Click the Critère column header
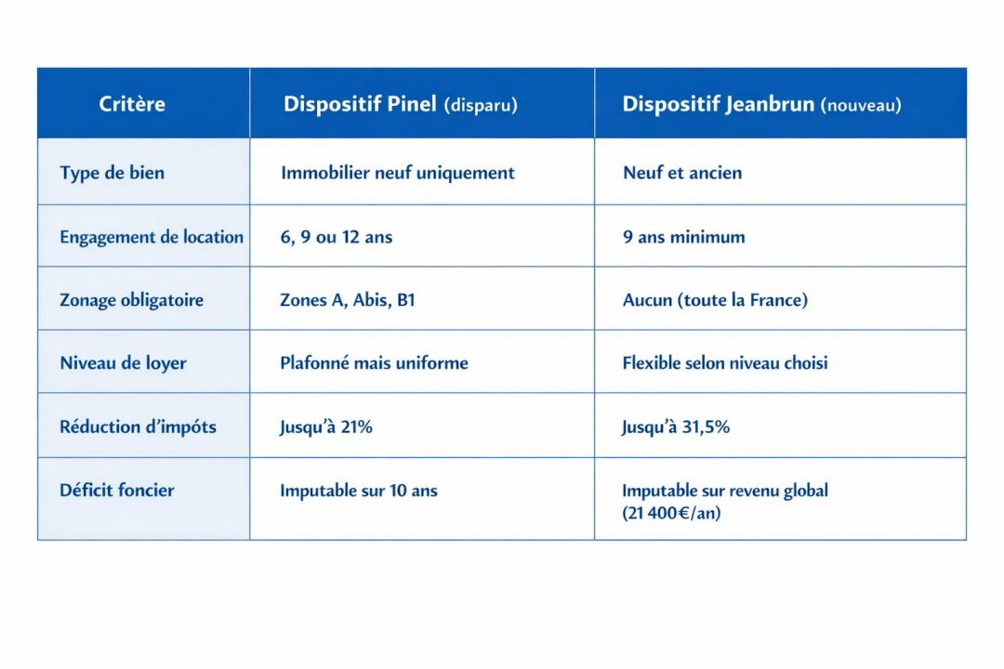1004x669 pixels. point(132,103)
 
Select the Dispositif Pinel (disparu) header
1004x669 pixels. point(400,104)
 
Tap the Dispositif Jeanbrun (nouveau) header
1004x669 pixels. point(761,104)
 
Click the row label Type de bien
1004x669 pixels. point(112,173)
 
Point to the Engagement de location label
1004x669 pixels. point(152,237)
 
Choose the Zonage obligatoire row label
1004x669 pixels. point(131,300)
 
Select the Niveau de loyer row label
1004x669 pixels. point(123,362)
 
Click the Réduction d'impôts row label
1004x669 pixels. point(138,426)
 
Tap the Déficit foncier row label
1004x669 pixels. point(116,490)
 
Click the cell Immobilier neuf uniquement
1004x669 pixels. point(397,173)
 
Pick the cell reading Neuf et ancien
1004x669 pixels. point(682,173)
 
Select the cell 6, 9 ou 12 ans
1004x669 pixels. point(336,237)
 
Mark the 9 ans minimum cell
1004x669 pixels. point(683,237)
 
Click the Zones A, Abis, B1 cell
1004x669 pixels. point(347,300)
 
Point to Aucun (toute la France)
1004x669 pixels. point(715,300)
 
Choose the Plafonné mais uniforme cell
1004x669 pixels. point(374,362)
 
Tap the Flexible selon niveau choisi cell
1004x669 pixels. point(724,362)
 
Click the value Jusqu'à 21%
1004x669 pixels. point(325,427)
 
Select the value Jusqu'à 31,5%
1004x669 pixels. point(676,427)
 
